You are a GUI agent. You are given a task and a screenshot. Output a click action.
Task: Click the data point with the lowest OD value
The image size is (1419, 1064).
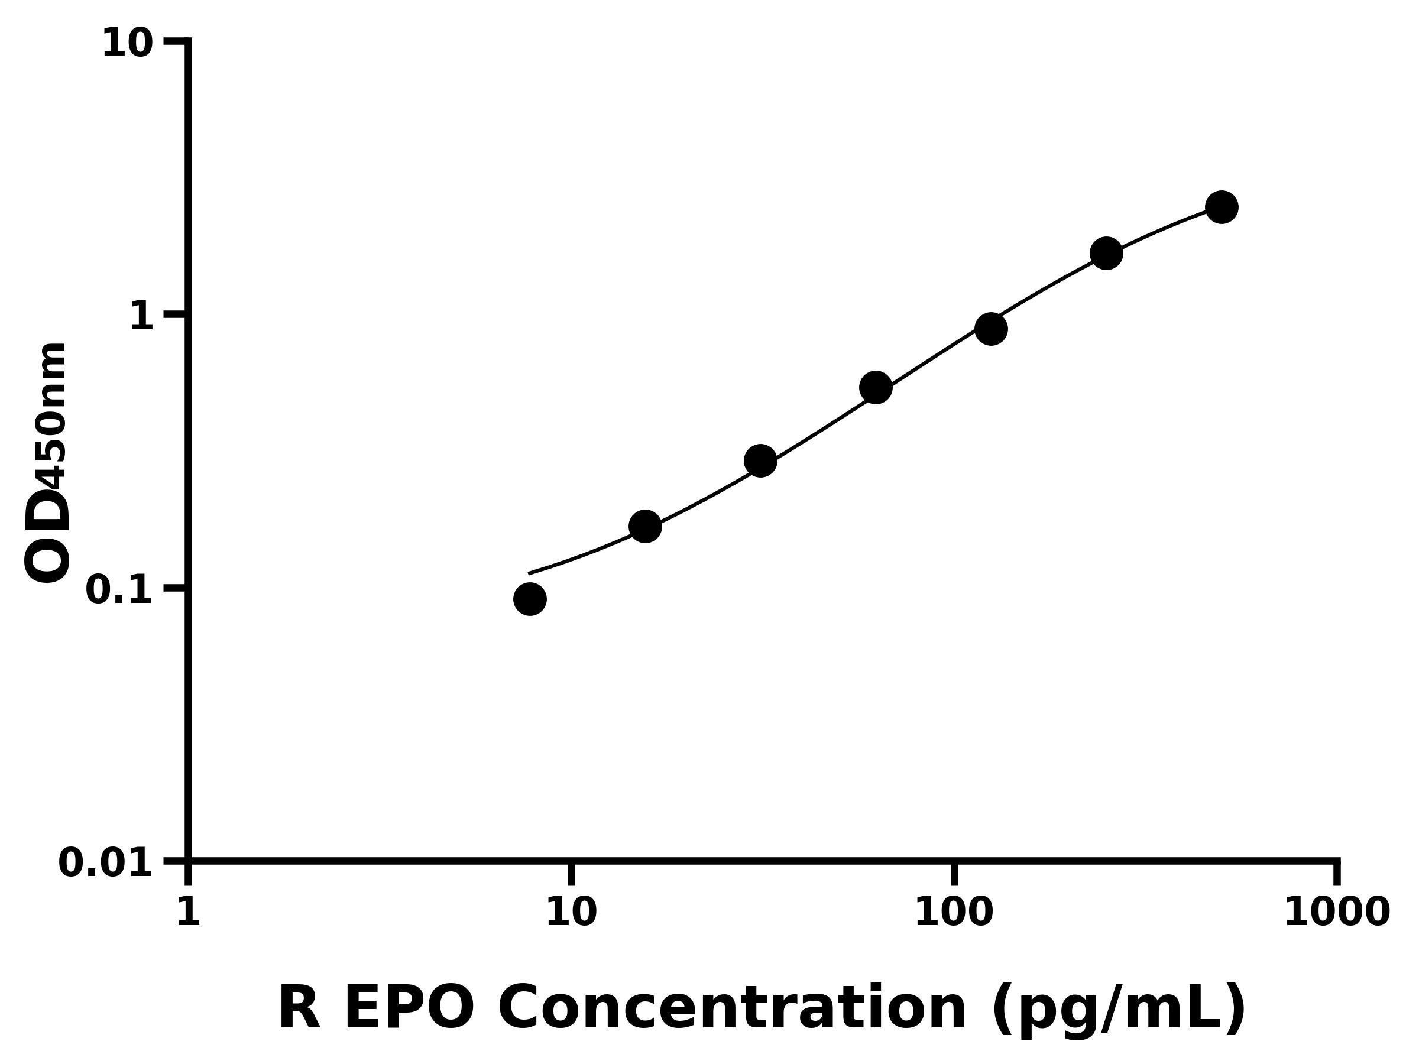pos(529,599)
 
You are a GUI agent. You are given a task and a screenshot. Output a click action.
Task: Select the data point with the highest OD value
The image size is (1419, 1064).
pos(1222,207)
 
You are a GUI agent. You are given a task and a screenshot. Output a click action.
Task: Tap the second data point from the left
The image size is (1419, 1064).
pos(644,527)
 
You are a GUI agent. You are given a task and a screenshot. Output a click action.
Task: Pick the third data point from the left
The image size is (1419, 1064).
pos(760,461)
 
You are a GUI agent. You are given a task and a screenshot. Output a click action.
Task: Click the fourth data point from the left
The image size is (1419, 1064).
pos(876,387)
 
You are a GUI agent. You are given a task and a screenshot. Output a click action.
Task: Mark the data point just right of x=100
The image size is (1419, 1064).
pos(990,329)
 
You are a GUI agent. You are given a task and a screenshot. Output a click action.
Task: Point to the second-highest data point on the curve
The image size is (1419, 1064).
pos(1106,254)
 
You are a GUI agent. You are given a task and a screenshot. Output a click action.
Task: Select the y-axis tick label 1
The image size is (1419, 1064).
pos(142,317)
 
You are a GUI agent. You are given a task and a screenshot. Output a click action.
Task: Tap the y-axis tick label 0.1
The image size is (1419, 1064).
pos(119,590)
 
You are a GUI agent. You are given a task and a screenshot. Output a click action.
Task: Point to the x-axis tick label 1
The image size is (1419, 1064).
pos(189,912)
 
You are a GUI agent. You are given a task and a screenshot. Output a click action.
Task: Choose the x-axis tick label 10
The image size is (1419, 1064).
pos(571,912)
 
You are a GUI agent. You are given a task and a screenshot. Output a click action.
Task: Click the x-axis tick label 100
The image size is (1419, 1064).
pos(953,912)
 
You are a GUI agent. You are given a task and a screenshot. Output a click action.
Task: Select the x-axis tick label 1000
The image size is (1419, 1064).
pos(1337,912)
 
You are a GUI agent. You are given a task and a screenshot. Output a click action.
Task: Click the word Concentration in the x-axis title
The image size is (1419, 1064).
pos(731,1010)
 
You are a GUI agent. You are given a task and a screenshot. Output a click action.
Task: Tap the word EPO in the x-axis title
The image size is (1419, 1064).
pos(409,1010)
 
